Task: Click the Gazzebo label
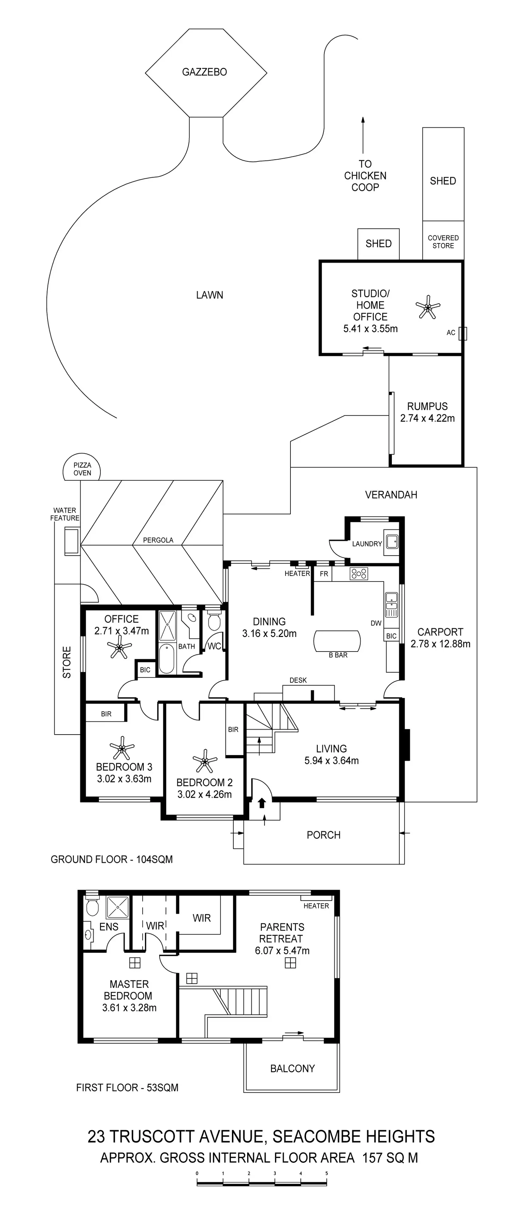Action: click(x=204, y=72)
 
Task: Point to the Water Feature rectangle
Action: click(x=72, y=541)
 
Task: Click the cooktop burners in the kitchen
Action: click(x=359, y=573)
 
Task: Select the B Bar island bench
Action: click(x=337, y=641)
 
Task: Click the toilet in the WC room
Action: click(x=214, y=622)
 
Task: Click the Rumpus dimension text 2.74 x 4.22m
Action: click(x=427, y=418)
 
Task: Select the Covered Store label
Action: click(x=443, y=242)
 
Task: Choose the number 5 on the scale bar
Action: click(x=326, y=1173)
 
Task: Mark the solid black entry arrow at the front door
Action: click(x=262, y=803)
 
